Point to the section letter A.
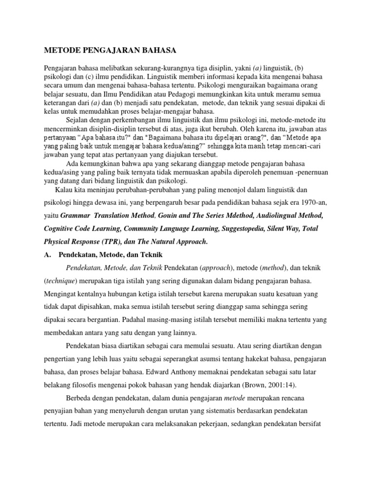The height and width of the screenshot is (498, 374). coord(48,255)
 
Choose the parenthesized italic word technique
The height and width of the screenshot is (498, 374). coord(64,282)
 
